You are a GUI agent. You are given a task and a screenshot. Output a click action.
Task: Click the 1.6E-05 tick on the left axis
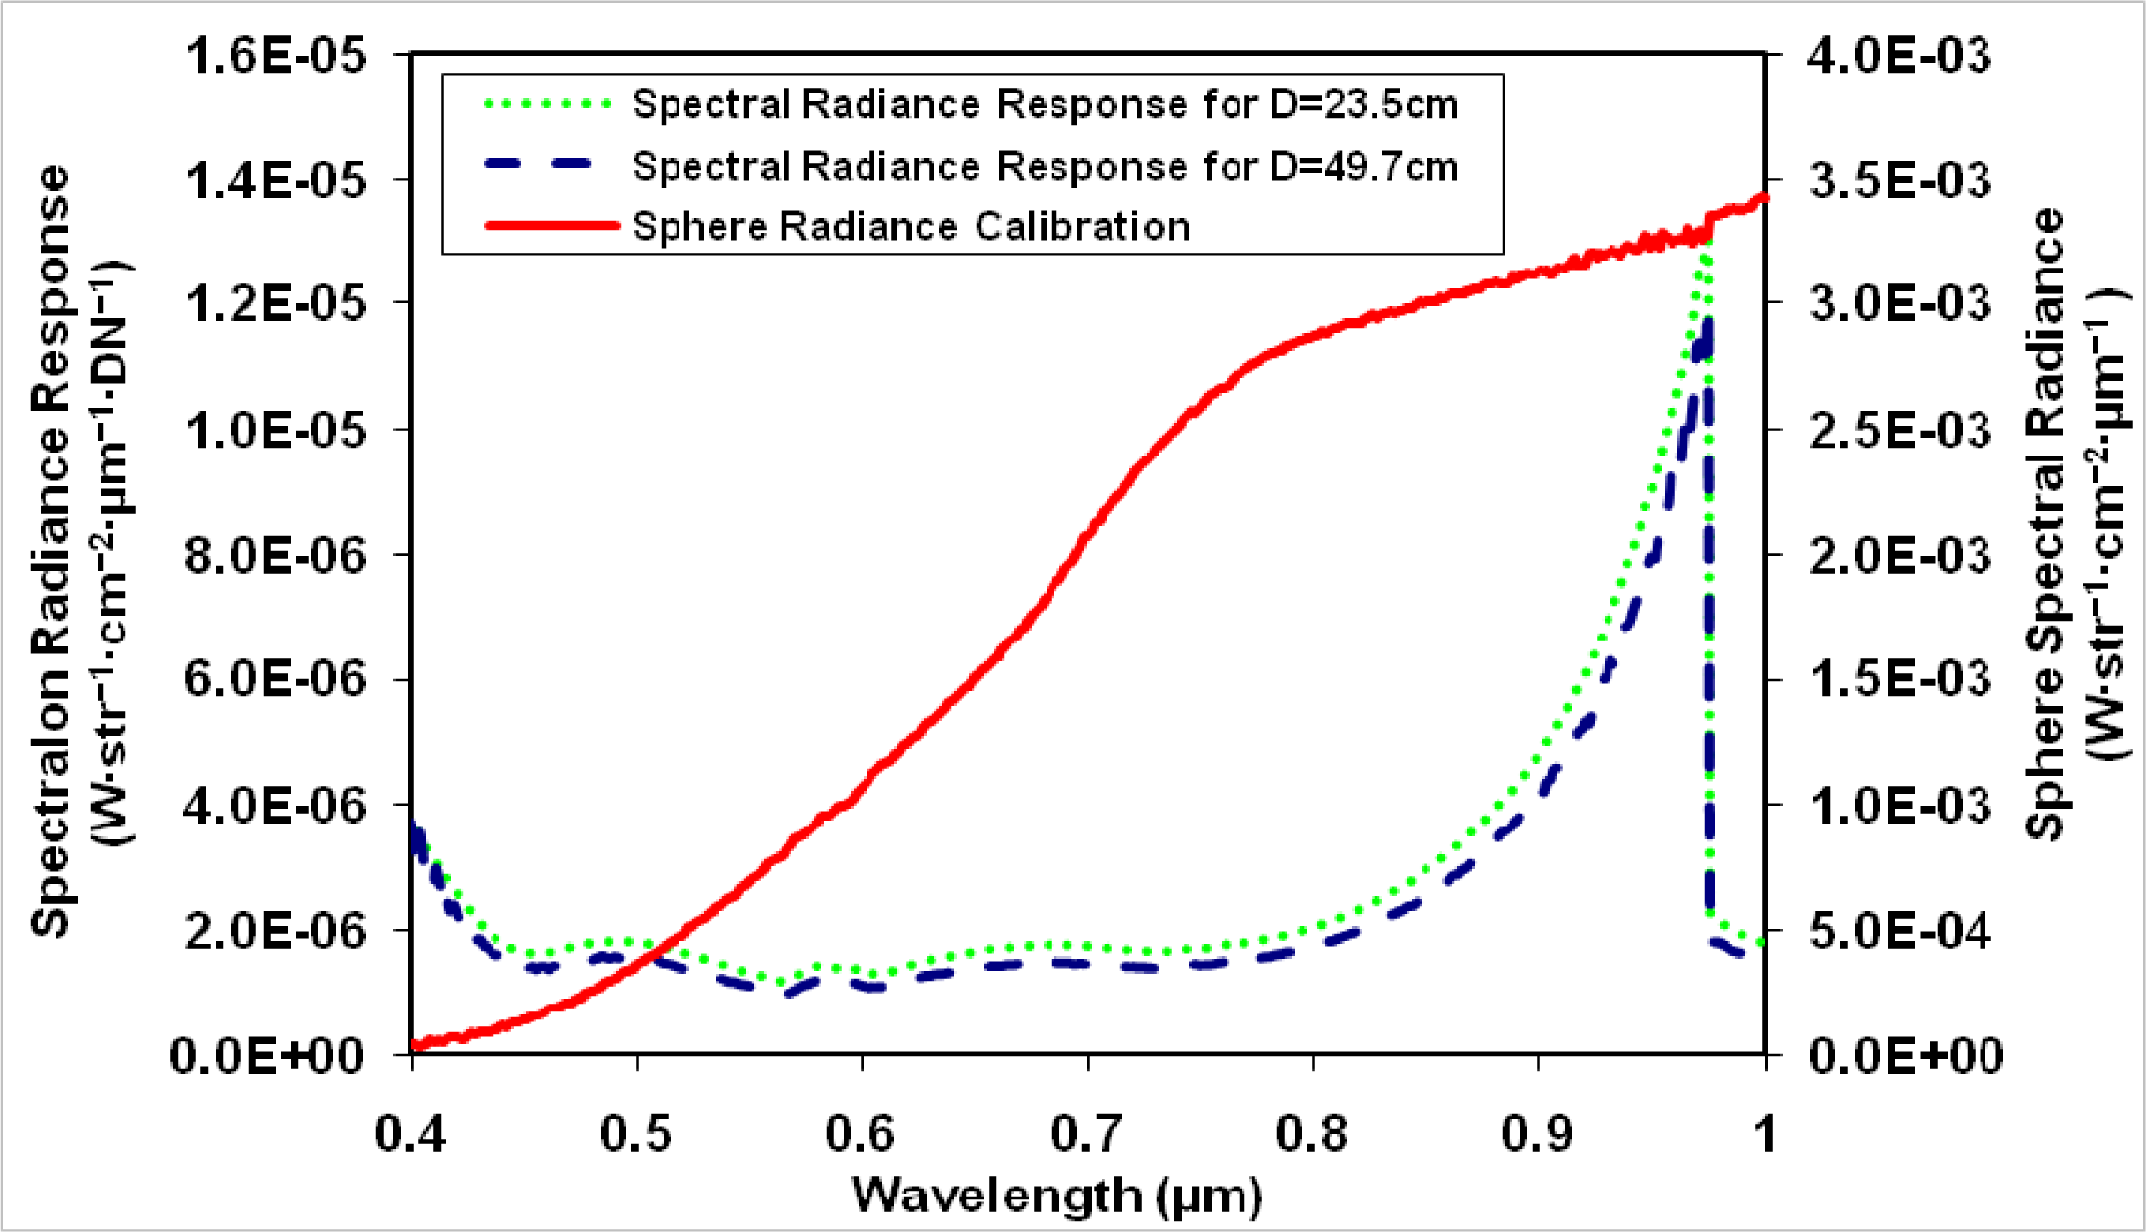(x=275, y=58)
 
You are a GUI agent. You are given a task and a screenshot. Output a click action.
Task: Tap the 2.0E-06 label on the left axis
(x=275, y=932)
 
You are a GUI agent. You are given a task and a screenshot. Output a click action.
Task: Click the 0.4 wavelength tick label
(x=411, y=1133)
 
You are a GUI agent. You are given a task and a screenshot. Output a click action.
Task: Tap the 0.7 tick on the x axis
(x=1087, y=1133)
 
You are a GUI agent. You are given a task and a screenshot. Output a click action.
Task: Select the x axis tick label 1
(x=1765, y=1133)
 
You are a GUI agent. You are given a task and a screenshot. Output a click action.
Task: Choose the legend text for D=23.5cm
(x=1045, y=105)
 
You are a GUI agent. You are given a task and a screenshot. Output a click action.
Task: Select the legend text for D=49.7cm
(x=1045, y=167)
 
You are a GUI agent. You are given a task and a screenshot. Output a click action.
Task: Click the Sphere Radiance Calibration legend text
(x=912, y=227)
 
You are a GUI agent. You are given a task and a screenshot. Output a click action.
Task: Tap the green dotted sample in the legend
(x=547, y=105)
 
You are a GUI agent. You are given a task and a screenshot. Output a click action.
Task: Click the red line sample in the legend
(x=552, y=226)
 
